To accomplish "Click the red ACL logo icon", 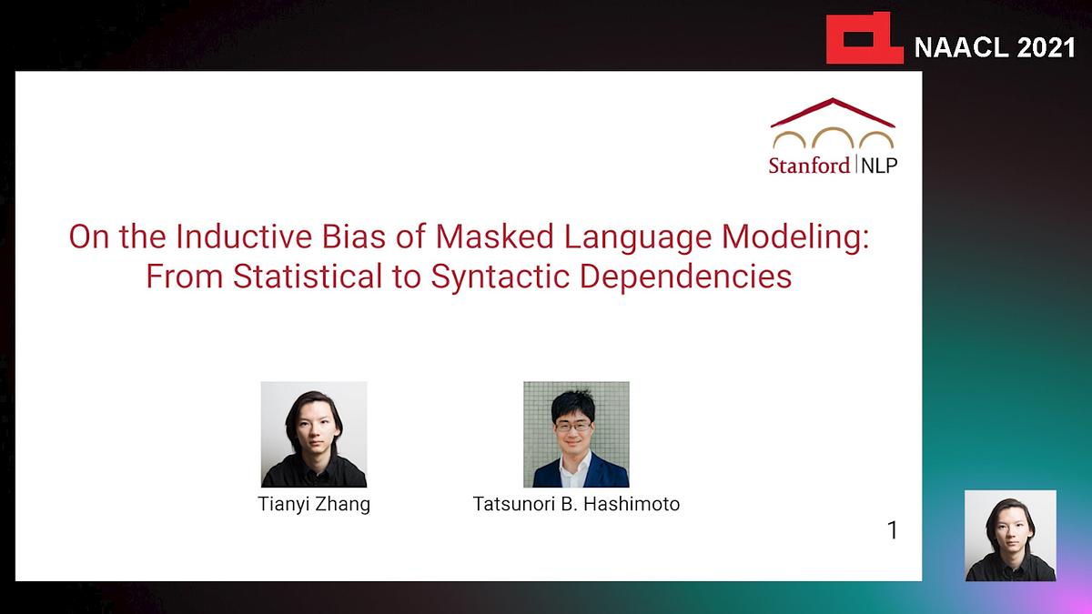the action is (x=864, y=38).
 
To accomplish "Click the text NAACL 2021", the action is (x=995, y=47).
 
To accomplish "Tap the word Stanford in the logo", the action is (x=809, y=166).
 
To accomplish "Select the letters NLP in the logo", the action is (x=879, y=166).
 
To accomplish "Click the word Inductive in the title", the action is (x=244, y=237).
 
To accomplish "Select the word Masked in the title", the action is (x=495, y=237).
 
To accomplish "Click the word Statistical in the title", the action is (x=308, y=277).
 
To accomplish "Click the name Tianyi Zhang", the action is (x=314, y=504).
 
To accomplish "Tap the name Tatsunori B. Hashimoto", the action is (x=576, y=504).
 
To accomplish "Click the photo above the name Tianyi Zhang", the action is (x=314, y=434).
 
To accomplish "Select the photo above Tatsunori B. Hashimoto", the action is (x=576, y=434).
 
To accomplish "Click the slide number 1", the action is (x=893, y=530).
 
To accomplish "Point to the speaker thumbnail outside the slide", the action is (x=1011, y=536).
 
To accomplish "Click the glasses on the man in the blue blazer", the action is (x=573, y=427).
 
